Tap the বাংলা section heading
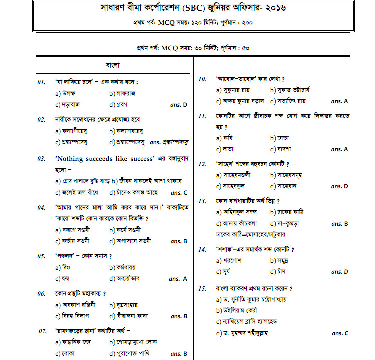coord(112,65)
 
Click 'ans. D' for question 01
coord(178,105)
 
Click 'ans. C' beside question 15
coord(340,333)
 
